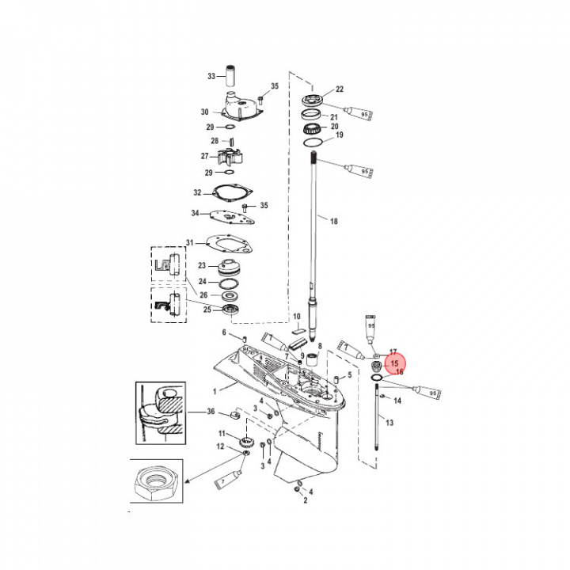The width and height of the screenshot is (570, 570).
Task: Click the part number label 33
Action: click(x=211, y=76)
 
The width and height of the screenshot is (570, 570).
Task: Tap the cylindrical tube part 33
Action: click(x=234, y=77)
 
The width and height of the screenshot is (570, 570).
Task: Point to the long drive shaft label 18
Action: click(x=333, y=221)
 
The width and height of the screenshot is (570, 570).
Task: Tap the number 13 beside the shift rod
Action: click(x=389, y=424)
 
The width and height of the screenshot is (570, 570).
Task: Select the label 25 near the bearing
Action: click(x=208, y=309)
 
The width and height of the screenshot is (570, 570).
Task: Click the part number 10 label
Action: click(x=297, y=317)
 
